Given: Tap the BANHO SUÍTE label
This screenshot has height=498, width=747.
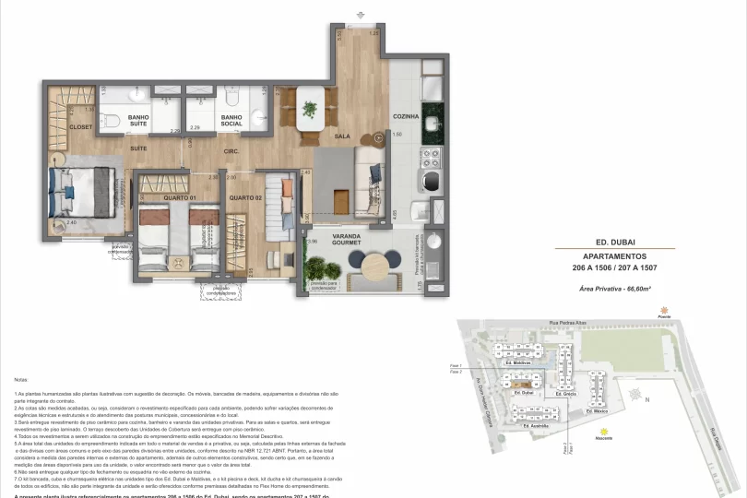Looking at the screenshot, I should (139, 122).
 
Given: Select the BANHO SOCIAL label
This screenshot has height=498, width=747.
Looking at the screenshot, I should (231, 122).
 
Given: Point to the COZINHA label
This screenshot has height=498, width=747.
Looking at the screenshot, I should (406, 117).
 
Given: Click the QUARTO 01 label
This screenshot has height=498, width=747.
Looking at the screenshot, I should (181, 198).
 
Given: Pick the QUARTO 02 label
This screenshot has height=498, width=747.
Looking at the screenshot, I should (246, 198).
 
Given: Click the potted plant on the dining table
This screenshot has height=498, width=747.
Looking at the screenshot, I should (310, 108).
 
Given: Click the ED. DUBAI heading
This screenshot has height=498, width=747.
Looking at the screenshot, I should (616, 241).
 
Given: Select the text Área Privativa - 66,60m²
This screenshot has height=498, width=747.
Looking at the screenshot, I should (616, 289).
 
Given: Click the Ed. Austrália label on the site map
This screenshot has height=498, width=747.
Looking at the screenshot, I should (536, 425).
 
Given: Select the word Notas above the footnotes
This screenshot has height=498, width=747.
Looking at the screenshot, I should (21, 379).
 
